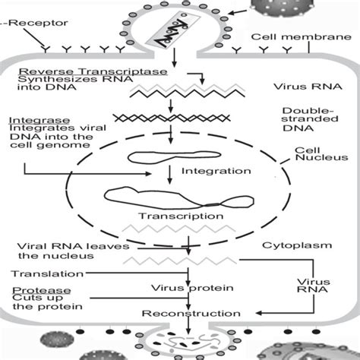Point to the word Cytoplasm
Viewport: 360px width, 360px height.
point(292,246)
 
